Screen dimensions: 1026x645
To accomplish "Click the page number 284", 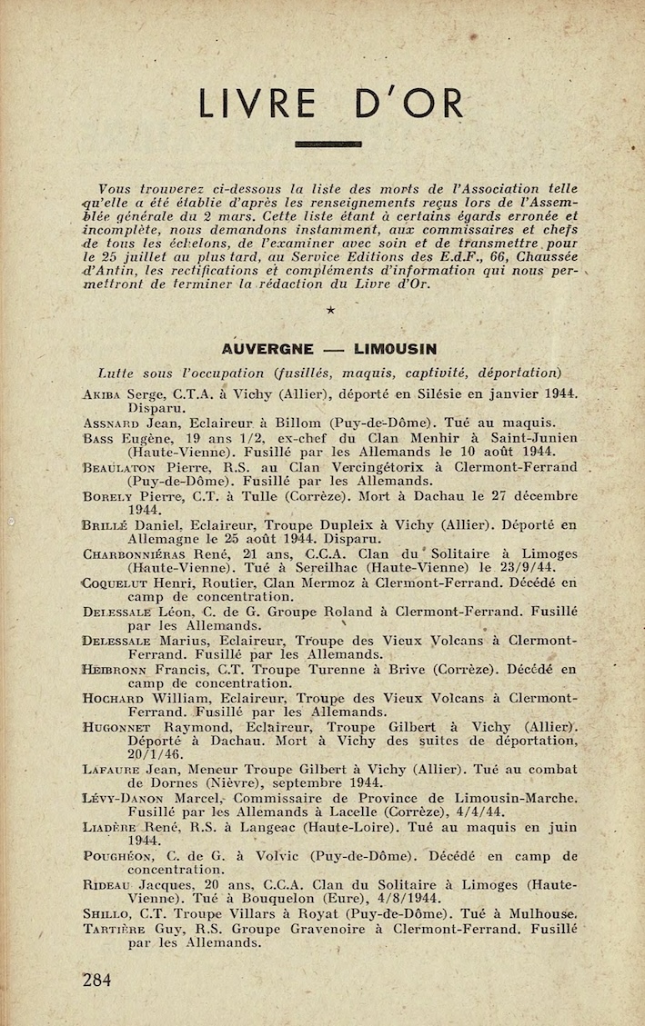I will [x=96, y=980].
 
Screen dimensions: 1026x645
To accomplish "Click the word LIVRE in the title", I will [x=258, y=104].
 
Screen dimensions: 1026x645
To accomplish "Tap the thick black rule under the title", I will [x=328, y=144].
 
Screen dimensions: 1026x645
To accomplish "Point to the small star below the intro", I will [x=329, y=311].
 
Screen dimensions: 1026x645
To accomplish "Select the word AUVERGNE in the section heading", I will [x=267, y=349].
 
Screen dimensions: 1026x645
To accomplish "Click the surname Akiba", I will [x=101, y=395].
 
